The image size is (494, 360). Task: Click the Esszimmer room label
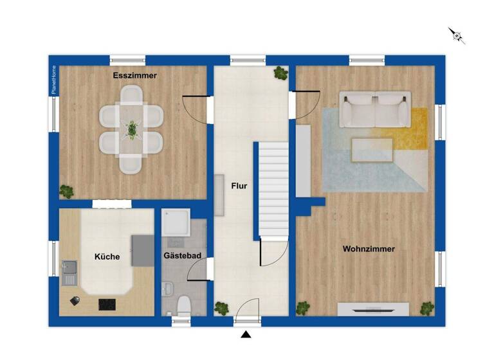point(135,76)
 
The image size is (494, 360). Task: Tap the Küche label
point(107,256)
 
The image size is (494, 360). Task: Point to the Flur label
point(239,187)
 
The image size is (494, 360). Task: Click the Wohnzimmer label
point(369,249)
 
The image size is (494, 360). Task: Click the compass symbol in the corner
point(457,35)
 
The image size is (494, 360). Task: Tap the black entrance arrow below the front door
point(246,334)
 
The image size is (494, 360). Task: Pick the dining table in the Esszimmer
point(131,130)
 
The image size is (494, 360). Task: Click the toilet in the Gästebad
point(183,305)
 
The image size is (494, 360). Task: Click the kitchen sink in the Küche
point(69,273)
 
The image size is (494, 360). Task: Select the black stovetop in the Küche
point(107,304)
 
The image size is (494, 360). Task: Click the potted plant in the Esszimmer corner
point(66,191)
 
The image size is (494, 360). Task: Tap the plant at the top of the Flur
point(280,73)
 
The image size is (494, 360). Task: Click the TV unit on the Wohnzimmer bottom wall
point(373,310)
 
